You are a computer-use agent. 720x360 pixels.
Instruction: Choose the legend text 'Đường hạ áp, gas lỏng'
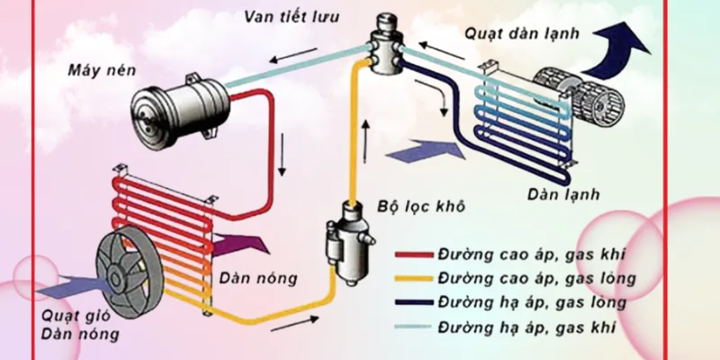[x=526, y=301]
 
